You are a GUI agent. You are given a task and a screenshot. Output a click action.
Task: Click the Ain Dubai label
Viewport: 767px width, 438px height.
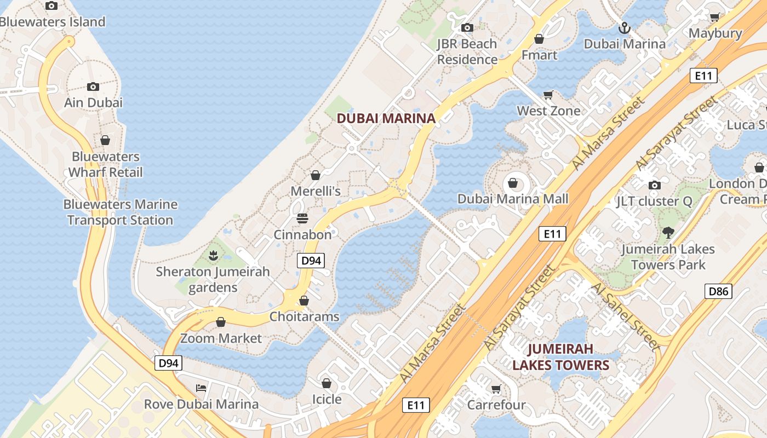[x=93, y=102]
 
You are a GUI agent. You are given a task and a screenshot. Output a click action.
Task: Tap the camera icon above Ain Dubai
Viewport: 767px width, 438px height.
[x=93, y=87]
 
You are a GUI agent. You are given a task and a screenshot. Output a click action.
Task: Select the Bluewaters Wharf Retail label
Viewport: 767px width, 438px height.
[x=105, y=164]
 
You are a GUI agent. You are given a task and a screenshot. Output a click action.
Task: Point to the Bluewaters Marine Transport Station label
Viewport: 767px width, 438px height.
[x=121, y=212]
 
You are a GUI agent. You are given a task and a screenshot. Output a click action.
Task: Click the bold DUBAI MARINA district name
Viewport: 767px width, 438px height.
[x=386, y=118]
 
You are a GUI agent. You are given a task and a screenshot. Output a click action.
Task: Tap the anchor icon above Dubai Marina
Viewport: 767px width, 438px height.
[x=623, y=27]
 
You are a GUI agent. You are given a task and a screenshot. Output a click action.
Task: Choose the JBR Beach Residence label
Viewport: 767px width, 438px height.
[x=467, y=51]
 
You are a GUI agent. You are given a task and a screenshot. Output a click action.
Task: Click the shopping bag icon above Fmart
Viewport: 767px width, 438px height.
[x=539, y=39]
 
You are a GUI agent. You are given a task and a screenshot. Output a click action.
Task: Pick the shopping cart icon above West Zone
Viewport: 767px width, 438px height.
[x=548, y=95]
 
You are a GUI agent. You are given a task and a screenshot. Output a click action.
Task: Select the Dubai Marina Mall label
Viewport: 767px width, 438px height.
[x=513, y=199]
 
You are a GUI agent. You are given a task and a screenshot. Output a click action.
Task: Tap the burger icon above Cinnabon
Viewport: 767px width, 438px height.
[x=302, y=218]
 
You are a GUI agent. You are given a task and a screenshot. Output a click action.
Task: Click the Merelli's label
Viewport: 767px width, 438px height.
[x=316, y=191]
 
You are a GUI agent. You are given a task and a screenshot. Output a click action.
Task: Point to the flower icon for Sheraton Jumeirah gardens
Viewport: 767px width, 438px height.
[x=213, y=255]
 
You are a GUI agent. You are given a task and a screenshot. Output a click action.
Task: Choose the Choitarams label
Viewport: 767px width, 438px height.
[x=304, y=316]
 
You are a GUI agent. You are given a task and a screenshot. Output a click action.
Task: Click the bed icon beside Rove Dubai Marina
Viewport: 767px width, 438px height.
[x=201, y=388]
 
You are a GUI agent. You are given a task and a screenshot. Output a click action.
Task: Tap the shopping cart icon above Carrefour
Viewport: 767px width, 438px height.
[x=496, y=389]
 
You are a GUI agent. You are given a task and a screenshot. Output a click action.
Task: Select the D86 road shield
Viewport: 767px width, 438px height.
[x=718, y=291]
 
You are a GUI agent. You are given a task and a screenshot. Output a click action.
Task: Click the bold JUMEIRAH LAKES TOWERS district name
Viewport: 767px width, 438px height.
[x=560, y=357]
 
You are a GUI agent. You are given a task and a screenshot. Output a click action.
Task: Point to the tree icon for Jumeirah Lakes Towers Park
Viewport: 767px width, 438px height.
[x=668, y=233]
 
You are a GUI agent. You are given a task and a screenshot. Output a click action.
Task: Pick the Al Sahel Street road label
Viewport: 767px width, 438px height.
[x=626, y=316]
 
